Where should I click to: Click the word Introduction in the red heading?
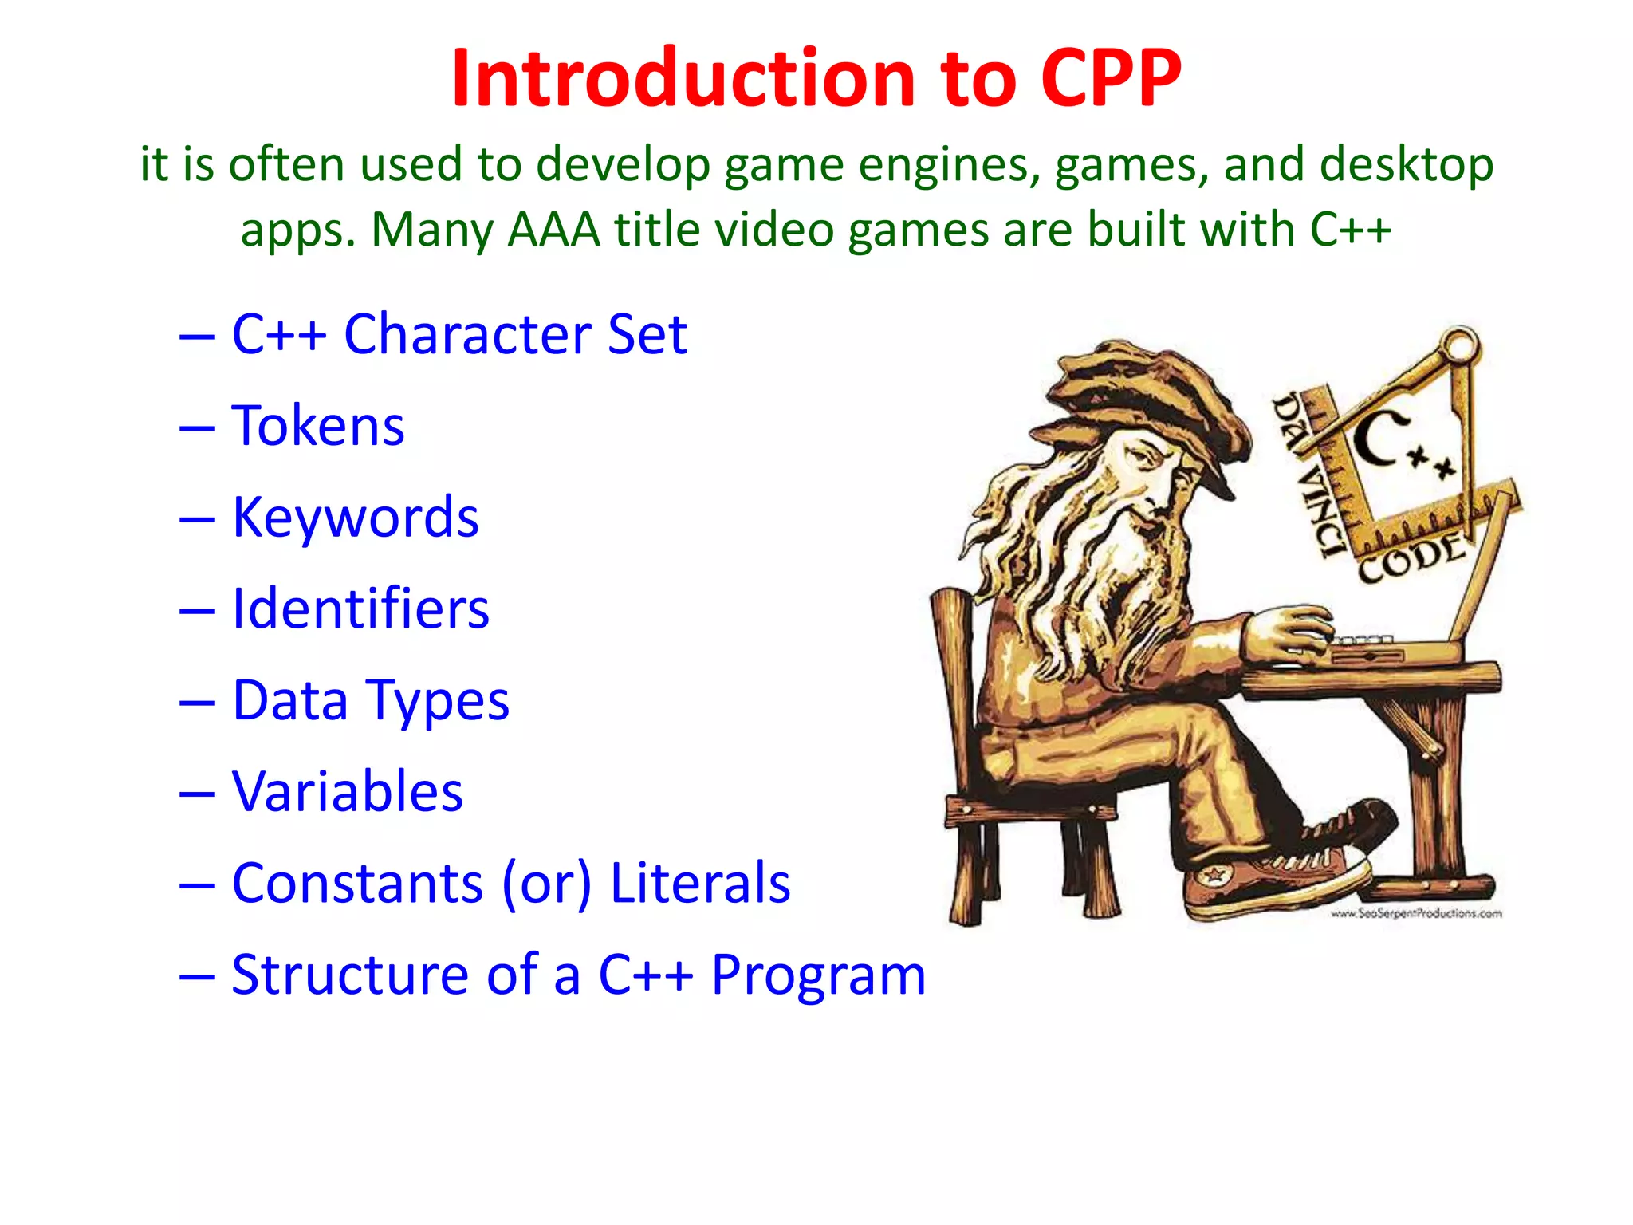683,78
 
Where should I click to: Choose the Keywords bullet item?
355,517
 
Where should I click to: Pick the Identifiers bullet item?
360,609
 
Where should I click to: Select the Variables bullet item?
347,792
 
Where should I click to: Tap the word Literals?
699,884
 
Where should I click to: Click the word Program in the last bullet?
818,975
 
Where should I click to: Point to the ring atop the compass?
1462,345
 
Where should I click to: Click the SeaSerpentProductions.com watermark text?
1415,914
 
